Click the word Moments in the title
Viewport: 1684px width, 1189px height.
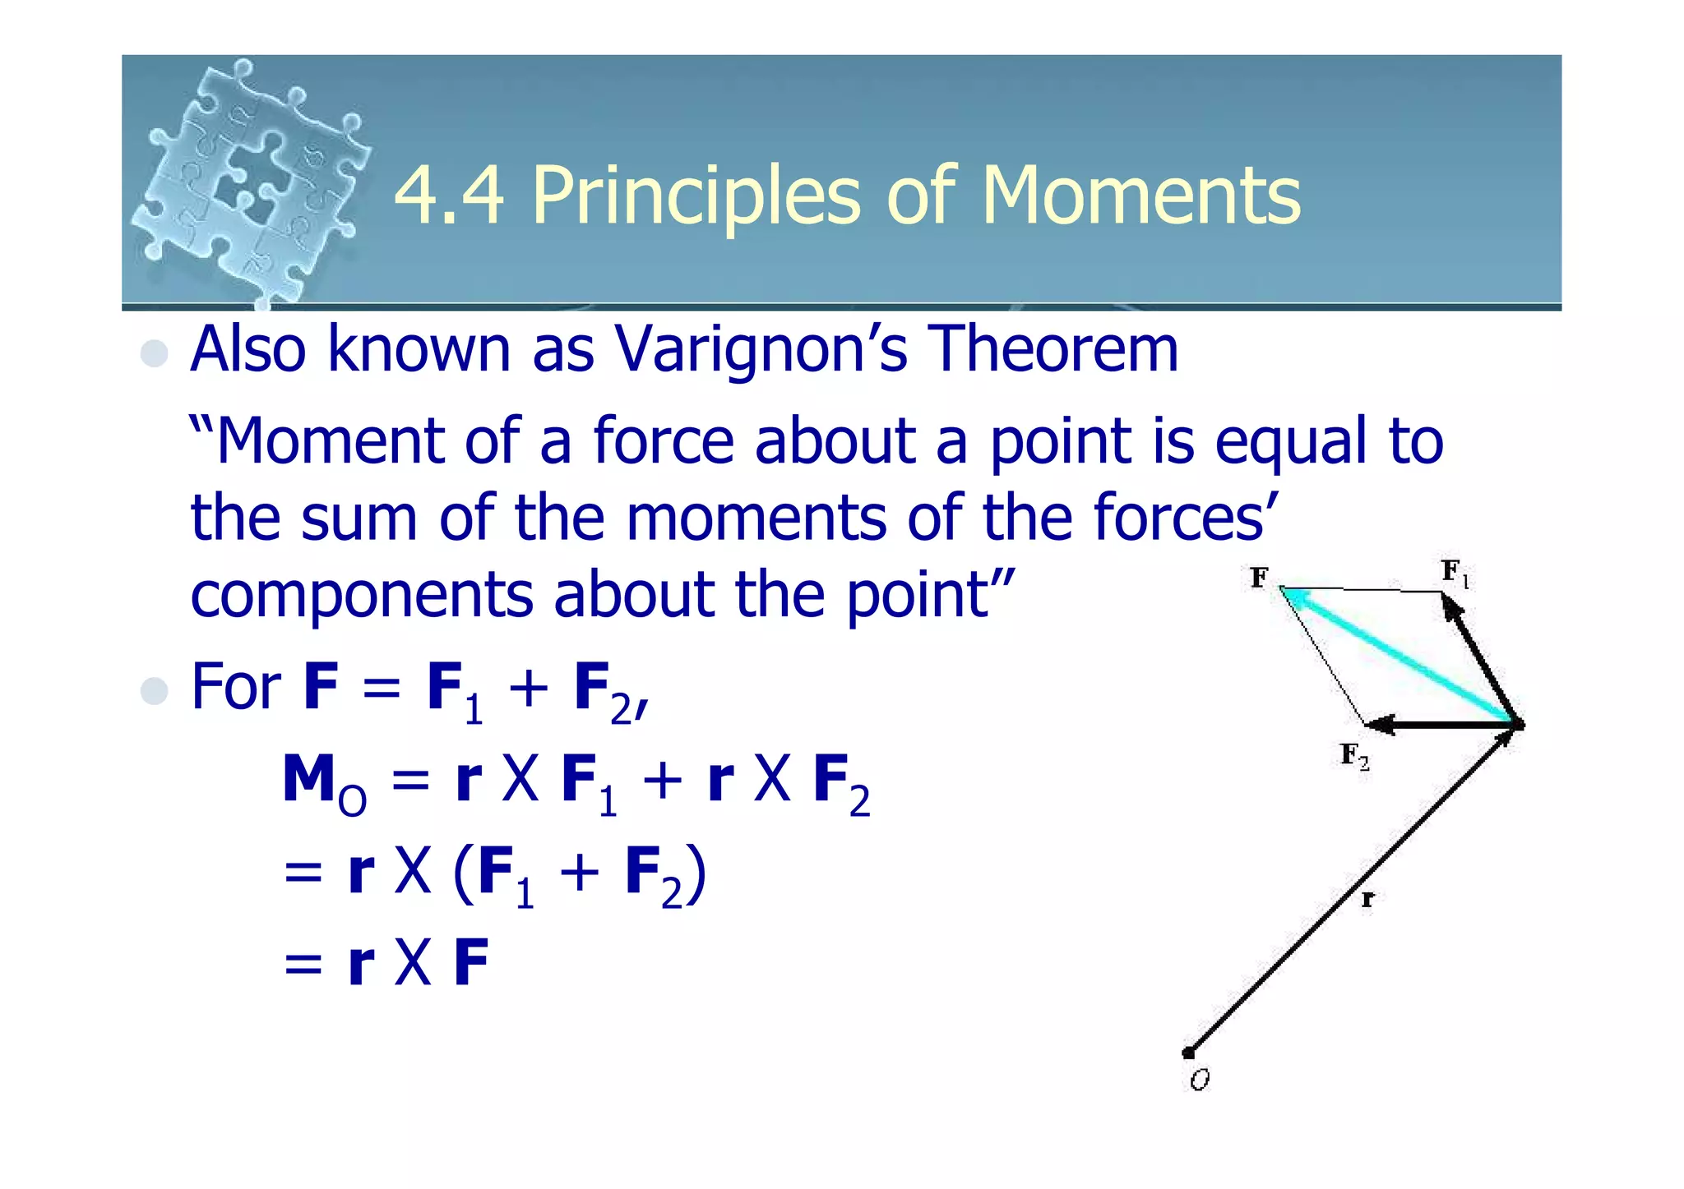1141,196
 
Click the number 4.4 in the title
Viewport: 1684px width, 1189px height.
449,196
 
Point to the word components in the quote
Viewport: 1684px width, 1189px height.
362,595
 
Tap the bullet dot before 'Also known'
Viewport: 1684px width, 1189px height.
155,353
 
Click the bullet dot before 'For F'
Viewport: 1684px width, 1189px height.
155,691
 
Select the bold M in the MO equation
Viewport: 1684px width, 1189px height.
308,779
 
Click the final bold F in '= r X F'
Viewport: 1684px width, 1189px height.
471,962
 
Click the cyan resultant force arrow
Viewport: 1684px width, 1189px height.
1398,656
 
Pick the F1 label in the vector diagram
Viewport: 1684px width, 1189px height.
1454,573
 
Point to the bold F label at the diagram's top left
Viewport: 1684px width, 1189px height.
1259,578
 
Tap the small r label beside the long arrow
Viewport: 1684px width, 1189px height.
1367,900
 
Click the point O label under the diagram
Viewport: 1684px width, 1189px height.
1200,1080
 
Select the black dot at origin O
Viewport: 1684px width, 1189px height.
1188,1053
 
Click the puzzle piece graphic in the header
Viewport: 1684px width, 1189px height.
251,181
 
